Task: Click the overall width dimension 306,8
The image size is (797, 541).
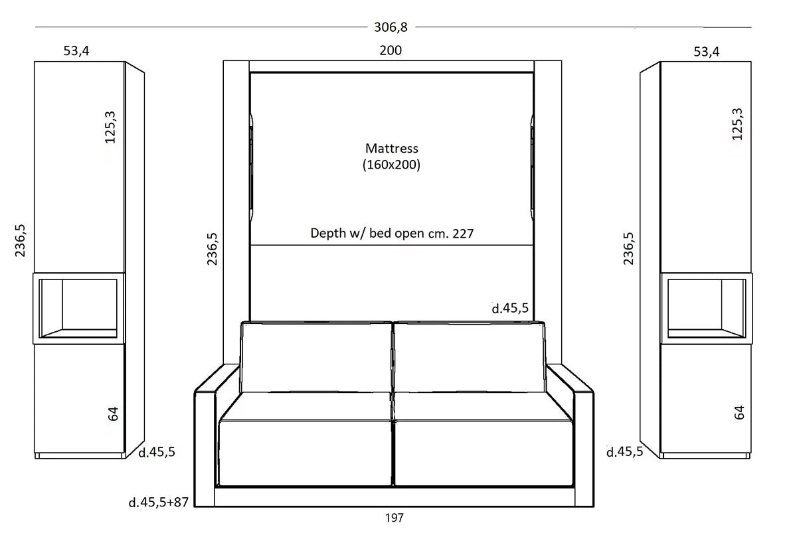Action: [391, 27]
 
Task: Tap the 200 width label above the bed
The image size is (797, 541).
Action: [391, 50]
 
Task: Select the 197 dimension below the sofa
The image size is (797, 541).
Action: [395, 518]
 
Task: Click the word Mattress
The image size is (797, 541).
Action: [391, 148]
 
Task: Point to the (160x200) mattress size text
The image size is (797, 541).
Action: [391, 165]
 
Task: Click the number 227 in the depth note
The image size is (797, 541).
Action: [463, 234]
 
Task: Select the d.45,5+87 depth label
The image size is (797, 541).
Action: [158, 502]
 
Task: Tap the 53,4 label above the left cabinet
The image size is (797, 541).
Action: [76, 51]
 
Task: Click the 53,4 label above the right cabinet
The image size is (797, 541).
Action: [706, 52]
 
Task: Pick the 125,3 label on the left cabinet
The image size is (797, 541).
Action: [110, 127]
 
